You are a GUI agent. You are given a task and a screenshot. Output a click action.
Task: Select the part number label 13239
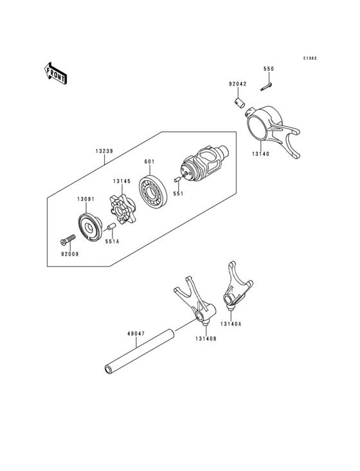point(105,151)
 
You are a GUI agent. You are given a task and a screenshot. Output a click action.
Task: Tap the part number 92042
point(237,84)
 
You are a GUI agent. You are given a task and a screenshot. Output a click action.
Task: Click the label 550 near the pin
point(269,68)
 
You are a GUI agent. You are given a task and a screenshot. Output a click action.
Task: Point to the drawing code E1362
point(310,58)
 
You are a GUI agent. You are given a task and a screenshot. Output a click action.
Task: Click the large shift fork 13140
point(273,129)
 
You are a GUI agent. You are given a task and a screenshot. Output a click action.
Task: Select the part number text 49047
point(136,334)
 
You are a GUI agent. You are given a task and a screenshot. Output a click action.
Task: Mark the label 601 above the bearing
point(149,162)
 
